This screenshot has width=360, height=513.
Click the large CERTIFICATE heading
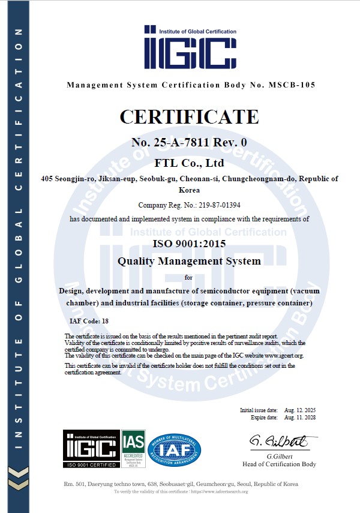189,116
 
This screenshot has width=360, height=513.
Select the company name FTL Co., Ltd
189,163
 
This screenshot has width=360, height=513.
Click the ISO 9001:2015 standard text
189,243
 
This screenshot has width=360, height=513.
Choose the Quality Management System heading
189,261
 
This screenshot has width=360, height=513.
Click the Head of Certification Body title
279,464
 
